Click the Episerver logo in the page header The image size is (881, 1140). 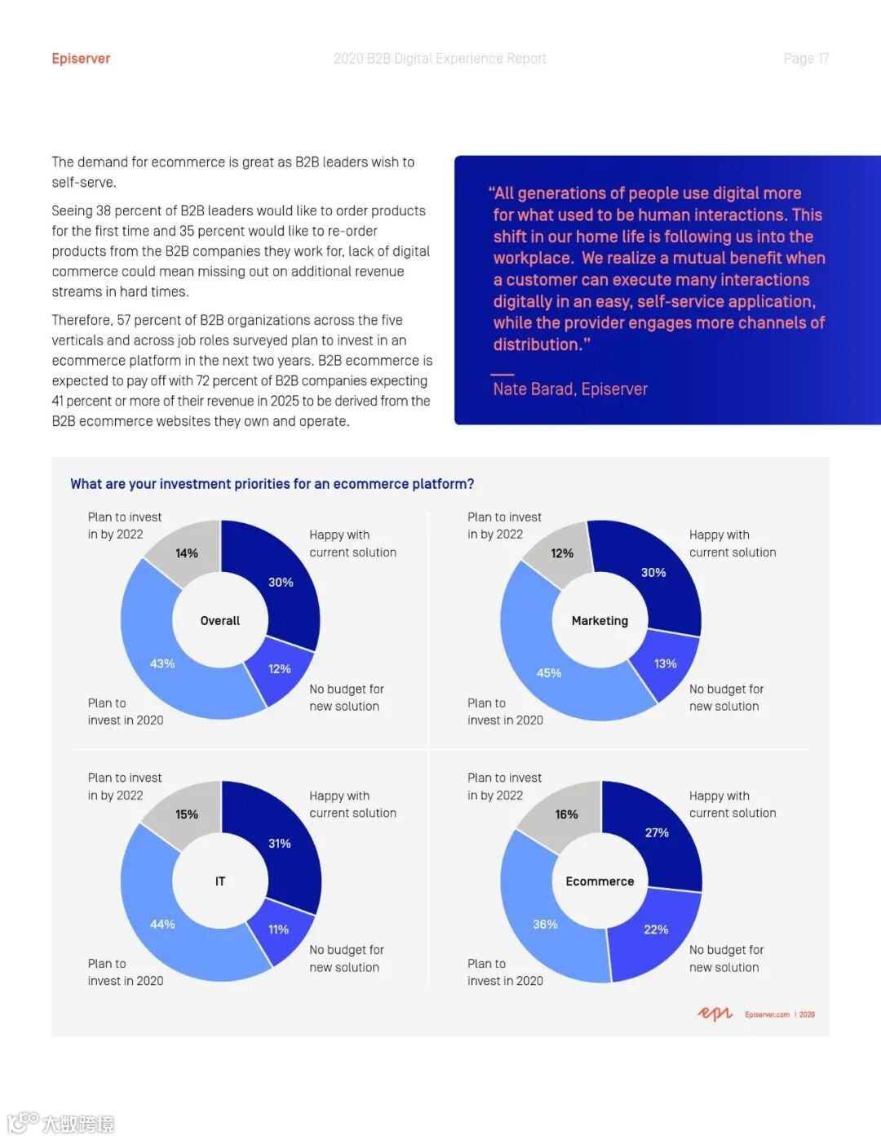tap(81, 59)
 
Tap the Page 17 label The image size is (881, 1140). tap(806, 59)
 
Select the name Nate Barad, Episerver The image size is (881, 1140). tap(569, 389)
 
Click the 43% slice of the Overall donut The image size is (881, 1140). tap(162, 663)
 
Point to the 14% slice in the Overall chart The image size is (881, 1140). tap(187, 553)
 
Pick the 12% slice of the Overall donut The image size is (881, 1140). tap(279, 668)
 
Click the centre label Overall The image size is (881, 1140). tap(220, 621)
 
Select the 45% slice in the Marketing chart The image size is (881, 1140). tap(548, 672)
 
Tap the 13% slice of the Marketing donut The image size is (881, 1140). tap(665, 663)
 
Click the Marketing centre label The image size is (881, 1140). tap(600, 621)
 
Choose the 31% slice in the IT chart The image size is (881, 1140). tap(279, 843)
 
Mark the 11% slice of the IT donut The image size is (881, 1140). tap(278, 929)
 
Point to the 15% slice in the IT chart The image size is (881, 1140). tap(187, 814)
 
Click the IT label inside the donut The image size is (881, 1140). tap(220, 881)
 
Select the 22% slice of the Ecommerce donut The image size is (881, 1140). tap(656, 929)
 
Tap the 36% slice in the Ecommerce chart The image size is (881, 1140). tap(545, 924)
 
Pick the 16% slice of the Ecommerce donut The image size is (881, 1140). tap(566, 814)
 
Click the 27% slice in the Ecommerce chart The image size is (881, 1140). tap(657, 832)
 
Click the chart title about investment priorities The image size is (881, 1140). tap(272, 484)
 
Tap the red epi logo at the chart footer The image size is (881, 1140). tap(715, 1014)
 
